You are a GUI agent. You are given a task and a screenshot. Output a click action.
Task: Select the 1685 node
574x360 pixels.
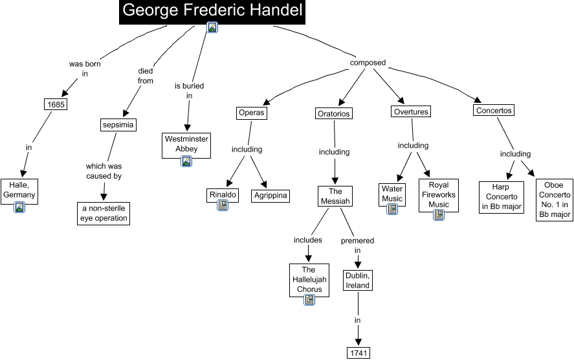click(x=56, y=104)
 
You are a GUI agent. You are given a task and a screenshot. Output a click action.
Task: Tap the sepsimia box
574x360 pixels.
click(x=119, y=124)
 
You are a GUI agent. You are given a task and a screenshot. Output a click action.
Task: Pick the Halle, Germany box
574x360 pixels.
click(x=19, y=190)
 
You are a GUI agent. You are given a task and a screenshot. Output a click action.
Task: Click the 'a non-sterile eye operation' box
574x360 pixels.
click(x=104, y=213)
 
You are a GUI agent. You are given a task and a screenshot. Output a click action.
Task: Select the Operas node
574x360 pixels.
click(x=252, y=112)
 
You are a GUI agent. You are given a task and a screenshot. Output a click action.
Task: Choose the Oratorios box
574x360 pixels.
click(x=334, y=113)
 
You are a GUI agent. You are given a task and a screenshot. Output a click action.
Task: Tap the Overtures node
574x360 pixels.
click(x=411, y=111)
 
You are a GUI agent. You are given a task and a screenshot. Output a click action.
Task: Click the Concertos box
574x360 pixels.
click(x=494, y=110)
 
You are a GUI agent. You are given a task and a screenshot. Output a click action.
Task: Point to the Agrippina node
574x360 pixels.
click(x=270, y=195)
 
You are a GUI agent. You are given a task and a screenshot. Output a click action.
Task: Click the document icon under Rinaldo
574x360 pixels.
click(x=223, y=205)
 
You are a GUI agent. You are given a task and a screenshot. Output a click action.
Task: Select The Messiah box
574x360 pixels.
click(x=335, y=196)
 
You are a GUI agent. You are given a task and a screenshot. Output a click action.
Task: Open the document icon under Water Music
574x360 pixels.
click(x=392, y=208)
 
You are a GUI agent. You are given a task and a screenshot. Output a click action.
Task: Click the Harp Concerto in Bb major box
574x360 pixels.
click(x=502, y=197)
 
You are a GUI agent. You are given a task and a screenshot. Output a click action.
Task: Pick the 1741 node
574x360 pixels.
click(x=358, y=352)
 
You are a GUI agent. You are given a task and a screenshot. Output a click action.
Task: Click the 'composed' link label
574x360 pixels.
click(x=368, y=63)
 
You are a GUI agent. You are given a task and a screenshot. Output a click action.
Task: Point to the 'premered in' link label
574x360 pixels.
click(x=357, y=245)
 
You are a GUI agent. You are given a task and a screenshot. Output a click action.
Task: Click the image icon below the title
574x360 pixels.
click(x=212, y=27)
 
